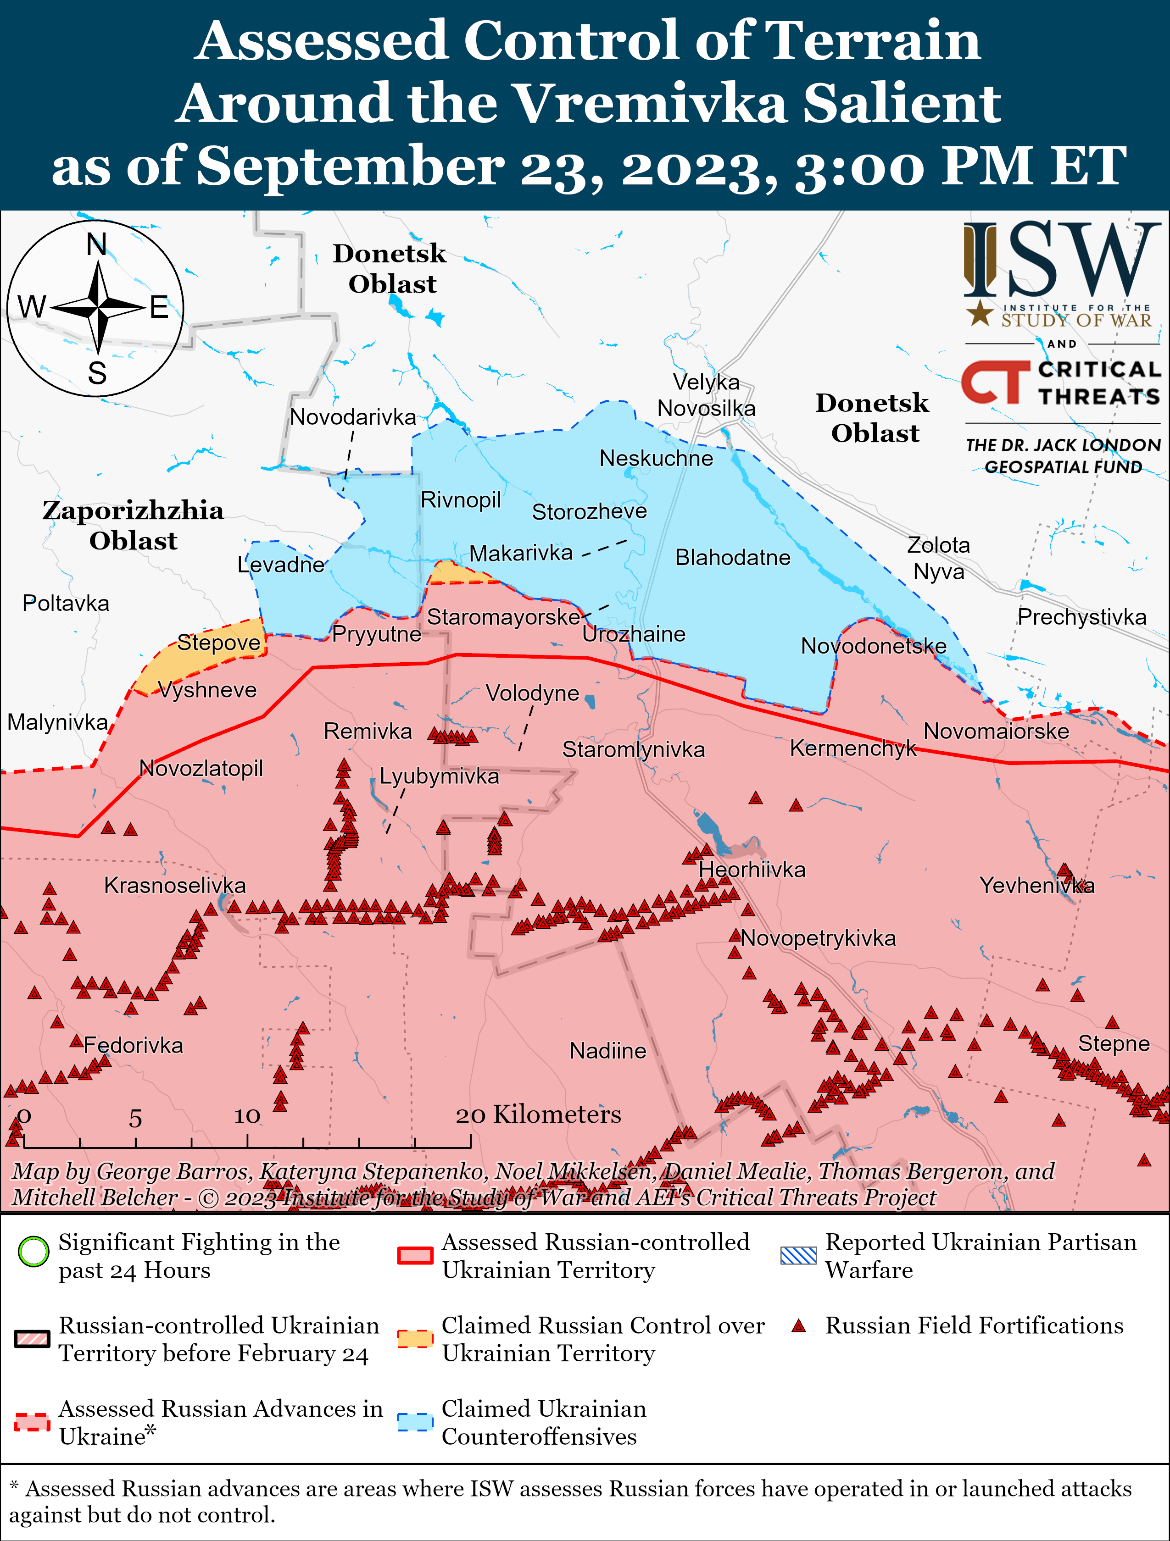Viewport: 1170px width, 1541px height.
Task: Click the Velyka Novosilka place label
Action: click(706, 395)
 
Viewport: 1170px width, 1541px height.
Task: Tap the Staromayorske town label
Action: click(503, 616)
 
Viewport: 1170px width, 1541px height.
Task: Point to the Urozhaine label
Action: click(634, 634)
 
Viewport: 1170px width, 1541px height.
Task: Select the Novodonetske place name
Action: click(873, 646)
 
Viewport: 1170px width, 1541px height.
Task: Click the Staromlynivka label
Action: click(634, 749)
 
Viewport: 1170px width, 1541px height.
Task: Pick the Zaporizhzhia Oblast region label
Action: click(133, 525)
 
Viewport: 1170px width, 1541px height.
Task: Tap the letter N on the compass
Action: click(97, 244)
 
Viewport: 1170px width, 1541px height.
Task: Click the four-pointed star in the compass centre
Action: click(98, 307)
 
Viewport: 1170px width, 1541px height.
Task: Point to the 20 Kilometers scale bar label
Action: click(538, 1114)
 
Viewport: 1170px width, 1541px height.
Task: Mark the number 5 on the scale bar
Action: click(135, 1119)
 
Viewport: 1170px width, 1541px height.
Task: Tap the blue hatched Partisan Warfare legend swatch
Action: click(799, 1255)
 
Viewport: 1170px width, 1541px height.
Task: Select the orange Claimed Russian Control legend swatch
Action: click(415, 1338)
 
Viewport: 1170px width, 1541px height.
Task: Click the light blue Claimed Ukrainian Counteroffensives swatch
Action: click(415, 1422)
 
